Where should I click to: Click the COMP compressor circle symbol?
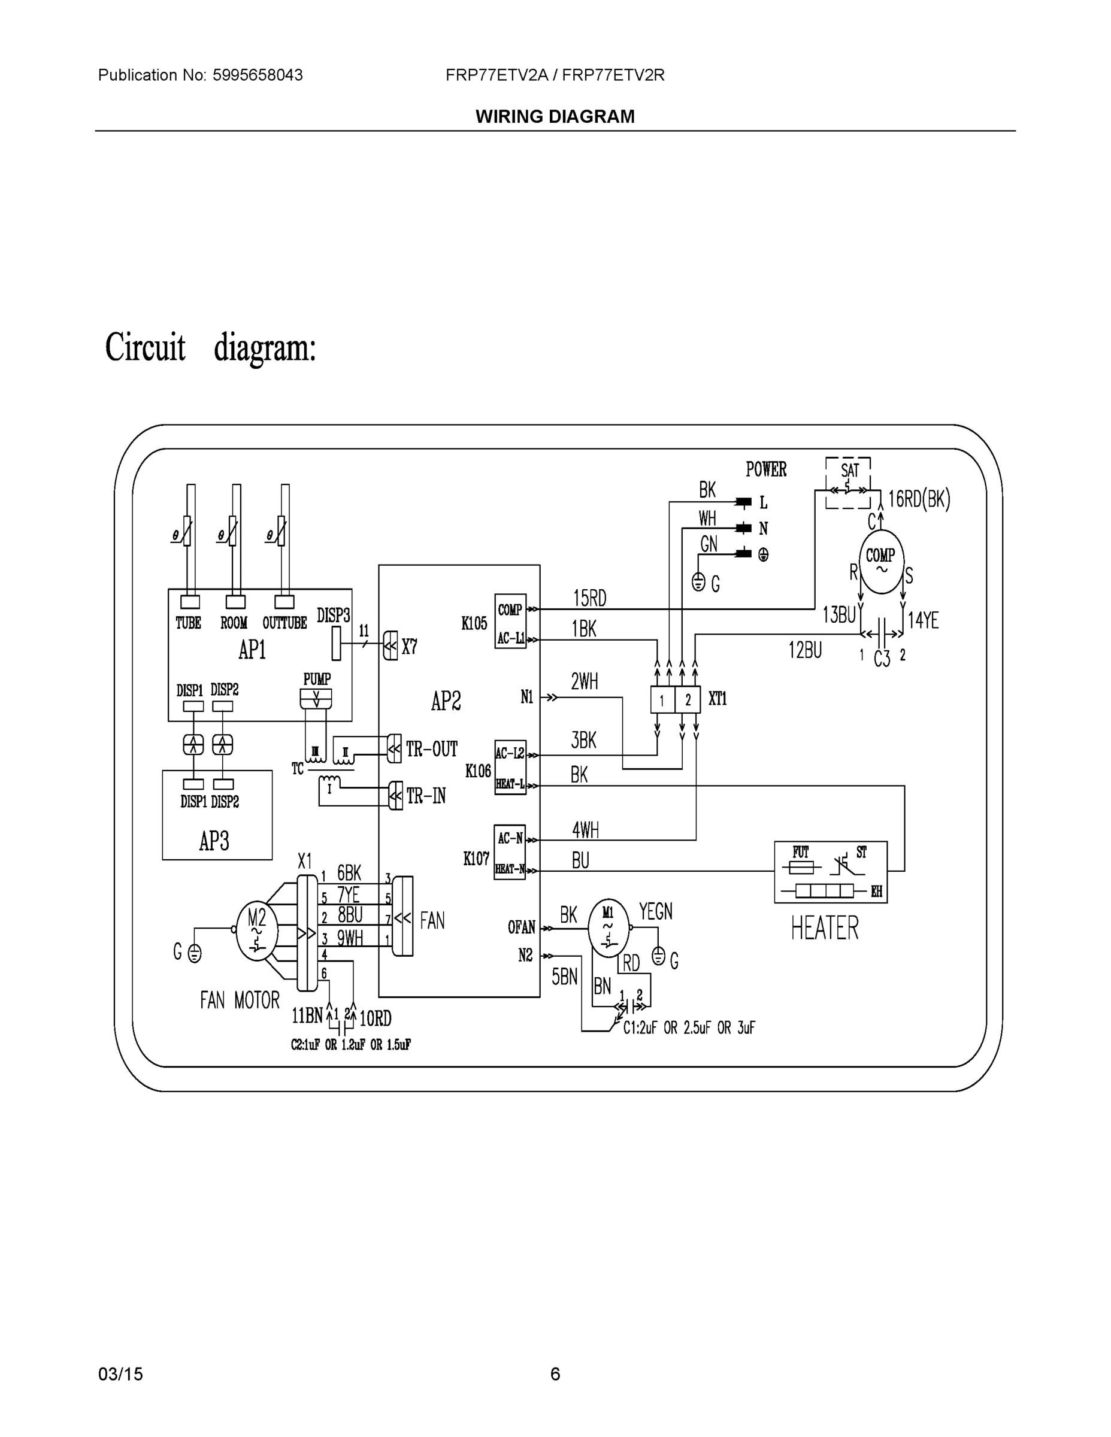click(x=880, y=561)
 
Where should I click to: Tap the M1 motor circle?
click(x=607, y=927)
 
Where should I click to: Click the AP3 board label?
click(x=214, y=841)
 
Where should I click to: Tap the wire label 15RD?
click(x=589, y=599)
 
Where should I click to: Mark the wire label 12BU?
click(x=805, y=651)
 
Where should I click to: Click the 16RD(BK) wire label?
click(x=919, y=500)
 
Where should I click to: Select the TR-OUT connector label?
click(x=431, y=750)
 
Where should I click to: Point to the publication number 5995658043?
click(x=258, y=75)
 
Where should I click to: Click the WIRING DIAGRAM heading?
click(x=555, y=117)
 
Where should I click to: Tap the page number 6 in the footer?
click(x=555, y=1374)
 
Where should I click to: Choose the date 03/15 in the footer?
click(x=120, y=1374)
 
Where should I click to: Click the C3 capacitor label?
click(x=882, y=659)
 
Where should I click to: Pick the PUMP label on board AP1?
click(x=317, y=679)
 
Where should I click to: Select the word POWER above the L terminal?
click(x=766, y=469)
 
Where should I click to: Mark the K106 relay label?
click(x=478, y=771)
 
